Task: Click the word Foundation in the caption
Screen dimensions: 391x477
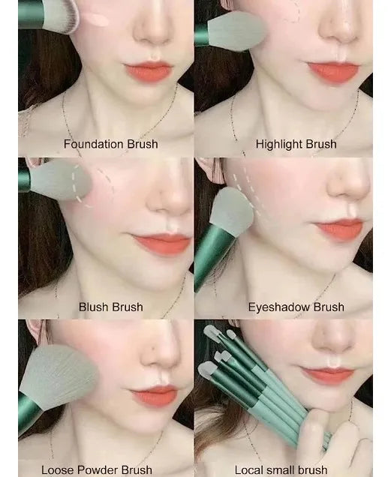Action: coord(94,144)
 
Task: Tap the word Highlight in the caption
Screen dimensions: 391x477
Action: coord(278,144)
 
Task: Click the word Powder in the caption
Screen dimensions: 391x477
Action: coord(95,470)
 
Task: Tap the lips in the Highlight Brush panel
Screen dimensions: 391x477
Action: coord(332,72)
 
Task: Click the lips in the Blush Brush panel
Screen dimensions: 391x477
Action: coord(161,243)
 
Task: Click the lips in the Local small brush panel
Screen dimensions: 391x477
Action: coord(326,375)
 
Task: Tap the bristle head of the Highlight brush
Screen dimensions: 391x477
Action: coord(236,31)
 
